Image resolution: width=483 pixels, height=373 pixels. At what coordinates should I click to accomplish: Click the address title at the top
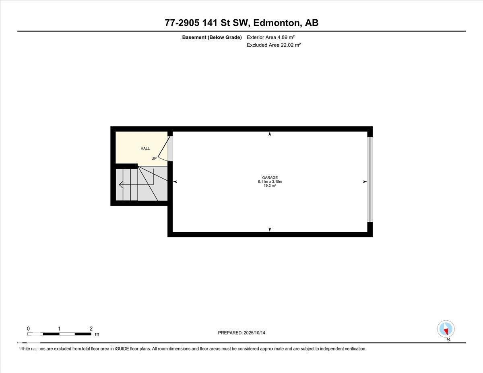(242, 23)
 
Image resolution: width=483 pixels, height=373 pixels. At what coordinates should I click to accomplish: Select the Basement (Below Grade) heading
(212, 37)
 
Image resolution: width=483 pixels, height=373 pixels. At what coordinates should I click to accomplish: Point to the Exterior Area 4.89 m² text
(270, 37)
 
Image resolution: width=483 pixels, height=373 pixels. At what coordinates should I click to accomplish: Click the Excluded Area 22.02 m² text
(274, 45)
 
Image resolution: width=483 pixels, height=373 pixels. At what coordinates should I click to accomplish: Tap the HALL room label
(145, 148)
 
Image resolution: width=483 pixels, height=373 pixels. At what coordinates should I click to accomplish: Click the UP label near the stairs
(154, 159)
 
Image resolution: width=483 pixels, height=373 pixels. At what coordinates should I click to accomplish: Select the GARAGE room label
(270, 178)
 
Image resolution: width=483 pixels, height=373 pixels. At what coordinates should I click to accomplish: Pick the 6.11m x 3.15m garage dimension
(270, 182)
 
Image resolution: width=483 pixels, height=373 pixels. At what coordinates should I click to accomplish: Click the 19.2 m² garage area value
(270, 186)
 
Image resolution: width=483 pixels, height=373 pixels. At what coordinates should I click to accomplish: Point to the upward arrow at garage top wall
(270, 134)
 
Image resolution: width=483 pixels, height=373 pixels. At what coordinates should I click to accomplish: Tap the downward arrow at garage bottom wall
(270, 229)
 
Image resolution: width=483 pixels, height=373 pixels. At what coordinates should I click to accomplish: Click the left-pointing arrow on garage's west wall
(175, 182)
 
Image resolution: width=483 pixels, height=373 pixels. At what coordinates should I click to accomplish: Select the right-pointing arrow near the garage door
(365, 182)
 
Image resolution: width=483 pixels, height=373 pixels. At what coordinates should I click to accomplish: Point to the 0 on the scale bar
(28, 329)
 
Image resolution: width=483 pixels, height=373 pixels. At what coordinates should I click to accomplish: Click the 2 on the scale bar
(91, 329)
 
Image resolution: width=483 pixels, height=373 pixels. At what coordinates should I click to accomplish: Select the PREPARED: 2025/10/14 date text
(242, 333)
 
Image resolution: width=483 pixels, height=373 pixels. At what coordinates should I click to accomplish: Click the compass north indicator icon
(446, 329)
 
